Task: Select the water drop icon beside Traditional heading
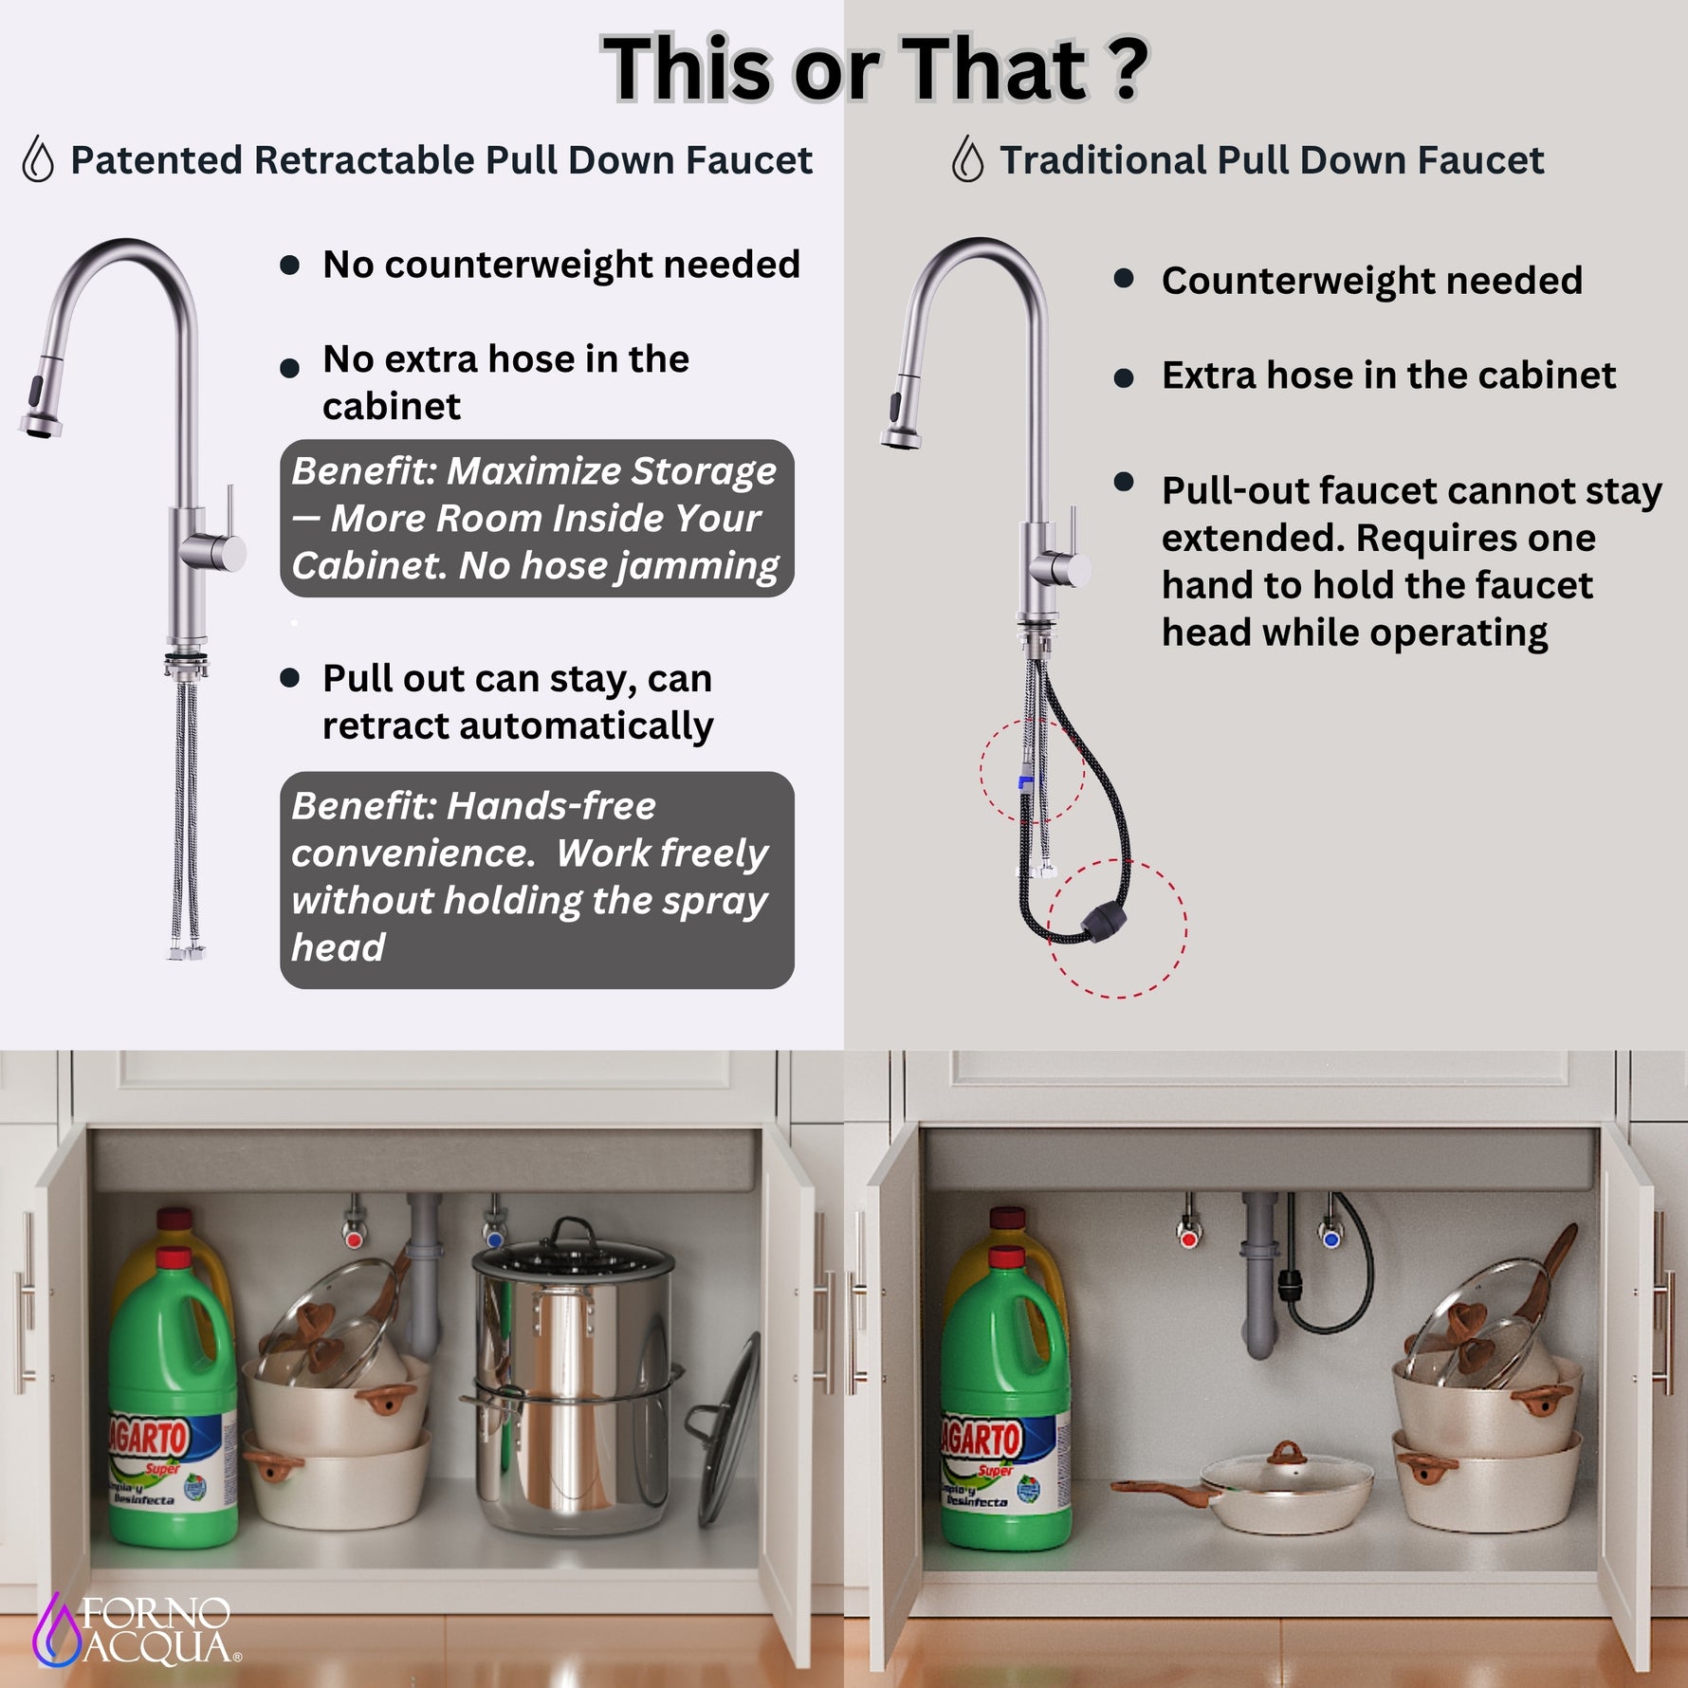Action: click(967, 158)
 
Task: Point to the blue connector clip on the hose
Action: click(1026, 783)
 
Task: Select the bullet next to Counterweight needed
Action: click(1124, 278)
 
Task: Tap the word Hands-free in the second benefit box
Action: click(551, 806)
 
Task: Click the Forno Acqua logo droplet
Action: click(56, 1628)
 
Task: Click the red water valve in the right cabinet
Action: click(1188, 1238)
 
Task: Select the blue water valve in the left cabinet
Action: click(493, 1239)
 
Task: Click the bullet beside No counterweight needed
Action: click(290, 265)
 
